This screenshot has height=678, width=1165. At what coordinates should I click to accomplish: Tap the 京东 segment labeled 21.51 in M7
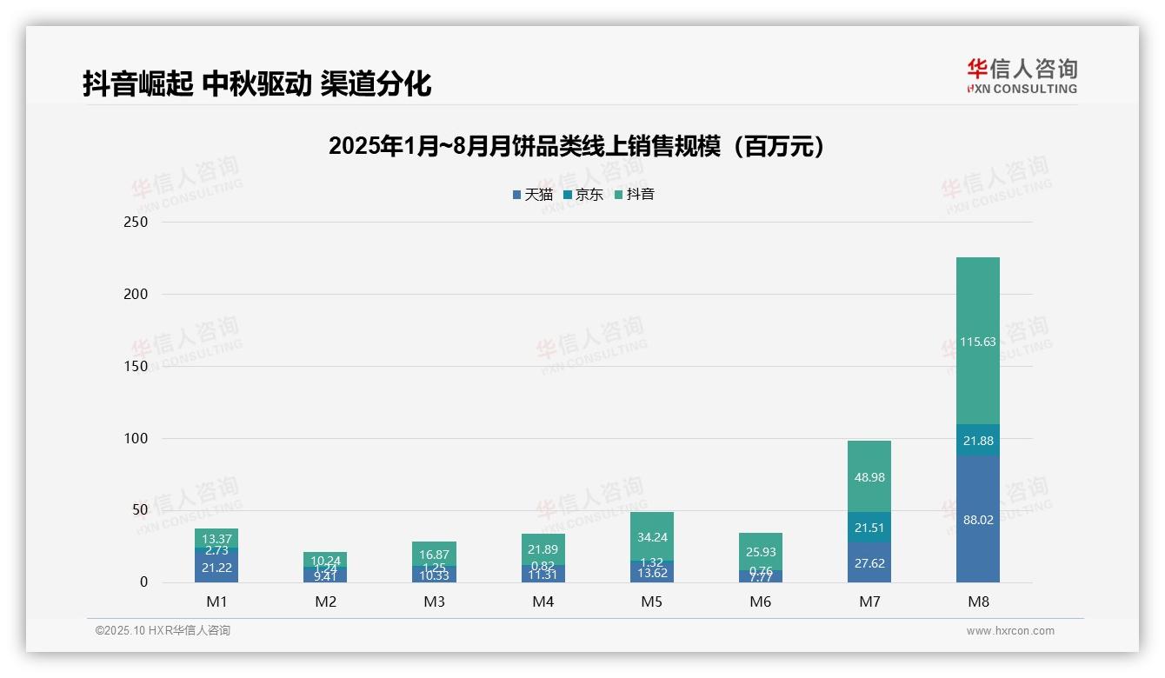pyautogui.click(x=869, y=528)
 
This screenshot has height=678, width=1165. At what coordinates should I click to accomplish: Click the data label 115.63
pyautogui.click(x=978, y=342)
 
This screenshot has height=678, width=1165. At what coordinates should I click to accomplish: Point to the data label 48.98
pyautogui.click(x=869, y=477)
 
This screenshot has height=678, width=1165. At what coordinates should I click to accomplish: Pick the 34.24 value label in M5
pyautogui.click(x=652, y=537)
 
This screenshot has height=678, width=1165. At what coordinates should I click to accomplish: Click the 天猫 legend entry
pyautogui.click(x=533, y=195)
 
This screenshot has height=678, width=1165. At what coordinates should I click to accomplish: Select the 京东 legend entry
pyautogui.click(x=583, y=195)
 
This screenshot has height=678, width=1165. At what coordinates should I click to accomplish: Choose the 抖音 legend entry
pyautogui.click(x=635, y=195)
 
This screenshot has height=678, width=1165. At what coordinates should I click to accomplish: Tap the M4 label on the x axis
pyautogui.click(x=543, y=602)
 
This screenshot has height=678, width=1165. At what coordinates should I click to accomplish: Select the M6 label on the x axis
pyautogui.click(x=761, y=602)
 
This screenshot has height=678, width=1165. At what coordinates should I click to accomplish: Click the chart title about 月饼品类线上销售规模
pyautogui.click(x=576, y=147)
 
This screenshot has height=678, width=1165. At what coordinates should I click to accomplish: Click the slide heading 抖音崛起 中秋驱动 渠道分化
pyautogui.click(x=257, y=83)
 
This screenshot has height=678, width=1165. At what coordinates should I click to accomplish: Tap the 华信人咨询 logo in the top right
pyautogui.click(x=1022, y=76)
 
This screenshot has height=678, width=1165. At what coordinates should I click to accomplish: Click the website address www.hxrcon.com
pyautogui.click(x=1010, y=631)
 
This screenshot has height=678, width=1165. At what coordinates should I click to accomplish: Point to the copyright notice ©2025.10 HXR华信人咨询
pyautogui.click(x=163, y=631)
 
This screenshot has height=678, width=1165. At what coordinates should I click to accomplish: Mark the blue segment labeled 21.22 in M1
pyautogui.click(x=216, y=567)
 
